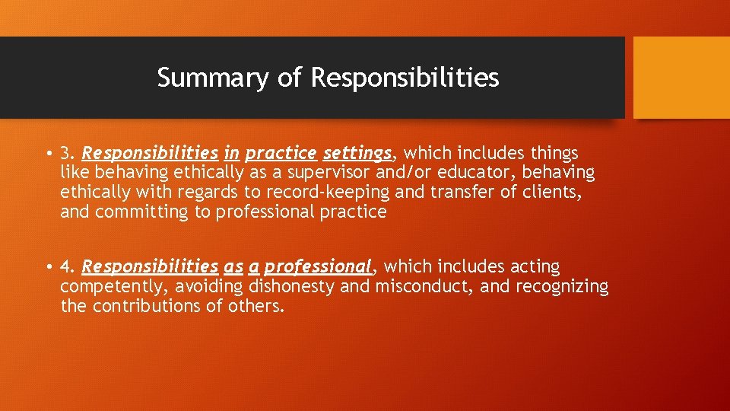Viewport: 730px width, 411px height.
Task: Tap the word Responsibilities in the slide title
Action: [x=405, y=78]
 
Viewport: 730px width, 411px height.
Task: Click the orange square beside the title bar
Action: [x=681, y=78]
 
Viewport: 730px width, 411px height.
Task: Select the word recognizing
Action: [x=562, y=287]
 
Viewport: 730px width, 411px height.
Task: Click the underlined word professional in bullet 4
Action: [x=318, y=267]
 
